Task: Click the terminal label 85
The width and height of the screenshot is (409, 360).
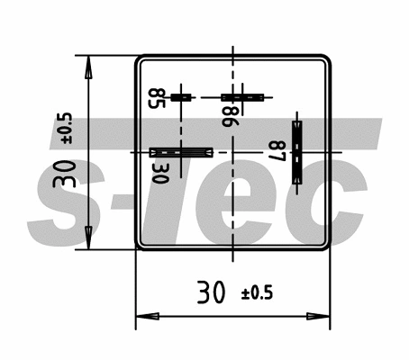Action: point(157,98)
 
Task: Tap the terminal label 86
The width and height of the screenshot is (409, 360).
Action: point(231,116)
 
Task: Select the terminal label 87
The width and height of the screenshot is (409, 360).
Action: point(277,151)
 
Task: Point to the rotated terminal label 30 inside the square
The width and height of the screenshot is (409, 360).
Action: point(160,173)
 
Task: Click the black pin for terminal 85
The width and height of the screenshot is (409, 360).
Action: point(181,97)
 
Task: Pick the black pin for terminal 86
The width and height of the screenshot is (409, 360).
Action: point(242,97)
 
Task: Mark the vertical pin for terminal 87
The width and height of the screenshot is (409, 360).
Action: point(297,152)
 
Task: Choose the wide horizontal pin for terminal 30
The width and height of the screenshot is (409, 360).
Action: point(181,152)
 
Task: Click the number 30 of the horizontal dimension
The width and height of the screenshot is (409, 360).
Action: point(211,292)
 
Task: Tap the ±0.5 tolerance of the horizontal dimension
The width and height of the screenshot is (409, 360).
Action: point(257,292)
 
